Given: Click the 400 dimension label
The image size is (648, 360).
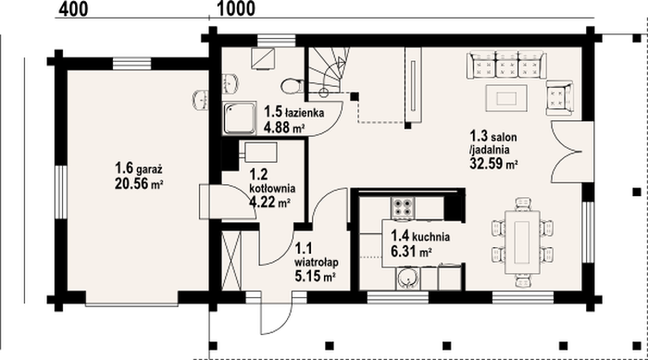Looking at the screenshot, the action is [x=73, y=9].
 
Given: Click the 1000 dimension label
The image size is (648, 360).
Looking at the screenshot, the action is [x=236, y=9].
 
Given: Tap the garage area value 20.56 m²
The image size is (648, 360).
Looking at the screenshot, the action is [x=139, y=183].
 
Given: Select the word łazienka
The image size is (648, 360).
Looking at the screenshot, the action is [x=305, y=112].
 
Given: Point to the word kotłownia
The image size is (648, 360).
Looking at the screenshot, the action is [x=272, y=188].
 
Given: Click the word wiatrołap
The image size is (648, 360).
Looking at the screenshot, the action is [x=317, y=262].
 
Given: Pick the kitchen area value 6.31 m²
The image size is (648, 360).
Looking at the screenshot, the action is [x=412, y=252].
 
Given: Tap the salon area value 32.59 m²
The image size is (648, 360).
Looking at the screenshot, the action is [x=493, y=163].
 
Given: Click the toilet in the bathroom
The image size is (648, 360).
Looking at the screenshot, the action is [x=292, y=87].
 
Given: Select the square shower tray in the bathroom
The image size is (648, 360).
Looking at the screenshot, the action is [x=240, y=118].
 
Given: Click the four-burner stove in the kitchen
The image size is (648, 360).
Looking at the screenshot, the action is [x=403, y=208].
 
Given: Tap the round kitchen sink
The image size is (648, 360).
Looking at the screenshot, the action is [x=408, y=279].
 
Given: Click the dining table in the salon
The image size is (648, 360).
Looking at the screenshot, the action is [x=522, y=242].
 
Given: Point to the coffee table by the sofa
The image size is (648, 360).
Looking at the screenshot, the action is [x=506, y=98].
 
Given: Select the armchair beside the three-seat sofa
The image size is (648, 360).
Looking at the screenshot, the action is [x=559, y=98].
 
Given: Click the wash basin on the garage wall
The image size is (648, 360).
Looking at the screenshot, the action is [x=201, y=100].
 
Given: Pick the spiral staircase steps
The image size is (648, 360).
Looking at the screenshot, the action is [x=329, y=70].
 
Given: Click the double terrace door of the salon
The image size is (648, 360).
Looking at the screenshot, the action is [x=572, y=152].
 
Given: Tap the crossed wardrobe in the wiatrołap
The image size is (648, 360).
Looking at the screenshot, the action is [x=231, y=261].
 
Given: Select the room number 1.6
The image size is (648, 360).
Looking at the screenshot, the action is [x=124, y=168].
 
